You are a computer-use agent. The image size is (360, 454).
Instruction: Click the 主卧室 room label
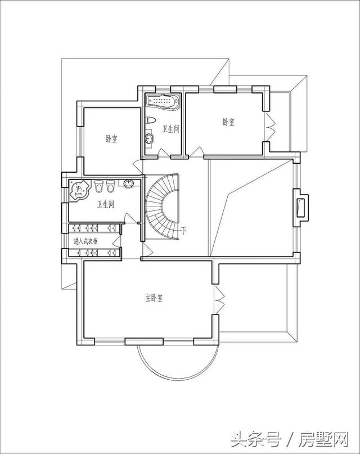click(154, 298)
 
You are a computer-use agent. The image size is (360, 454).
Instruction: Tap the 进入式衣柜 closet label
click(85, 241)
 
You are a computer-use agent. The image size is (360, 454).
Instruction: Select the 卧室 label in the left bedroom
click(111, 140)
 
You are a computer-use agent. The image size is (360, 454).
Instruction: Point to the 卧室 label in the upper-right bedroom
click(228, 122)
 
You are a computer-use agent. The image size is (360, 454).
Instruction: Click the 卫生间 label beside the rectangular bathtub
click(170, 129)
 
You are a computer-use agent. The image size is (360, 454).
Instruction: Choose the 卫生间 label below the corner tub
click(105, 205)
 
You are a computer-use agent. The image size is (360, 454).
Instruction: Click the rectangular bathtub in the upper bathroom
click(163, 101)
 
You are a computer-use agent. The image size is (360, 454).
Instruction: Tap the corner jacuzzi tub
click(79, 190)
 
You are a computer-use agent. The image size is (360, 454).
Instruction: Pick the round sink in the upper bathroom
click(149, 138)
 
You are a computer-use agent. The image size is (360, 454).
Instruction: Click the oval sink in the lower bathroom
click(128, 183)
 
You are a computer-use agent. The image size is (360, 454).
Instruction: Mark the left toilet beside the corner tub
click(99, 186)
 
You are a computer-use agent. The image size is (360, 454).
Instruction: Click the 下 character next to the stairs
click(184, 231)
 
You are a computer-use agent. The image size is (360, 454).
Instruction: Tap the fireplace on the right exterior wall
click(301, 208)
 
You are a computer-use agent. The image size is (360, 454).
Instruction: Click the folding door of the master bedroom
click(219, 300)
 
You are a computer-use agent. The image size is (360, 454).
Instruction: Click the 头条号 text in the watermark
click(256, 439)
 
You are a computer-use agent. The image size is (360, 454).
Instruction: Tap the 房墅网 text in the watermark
click(323, 439)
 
